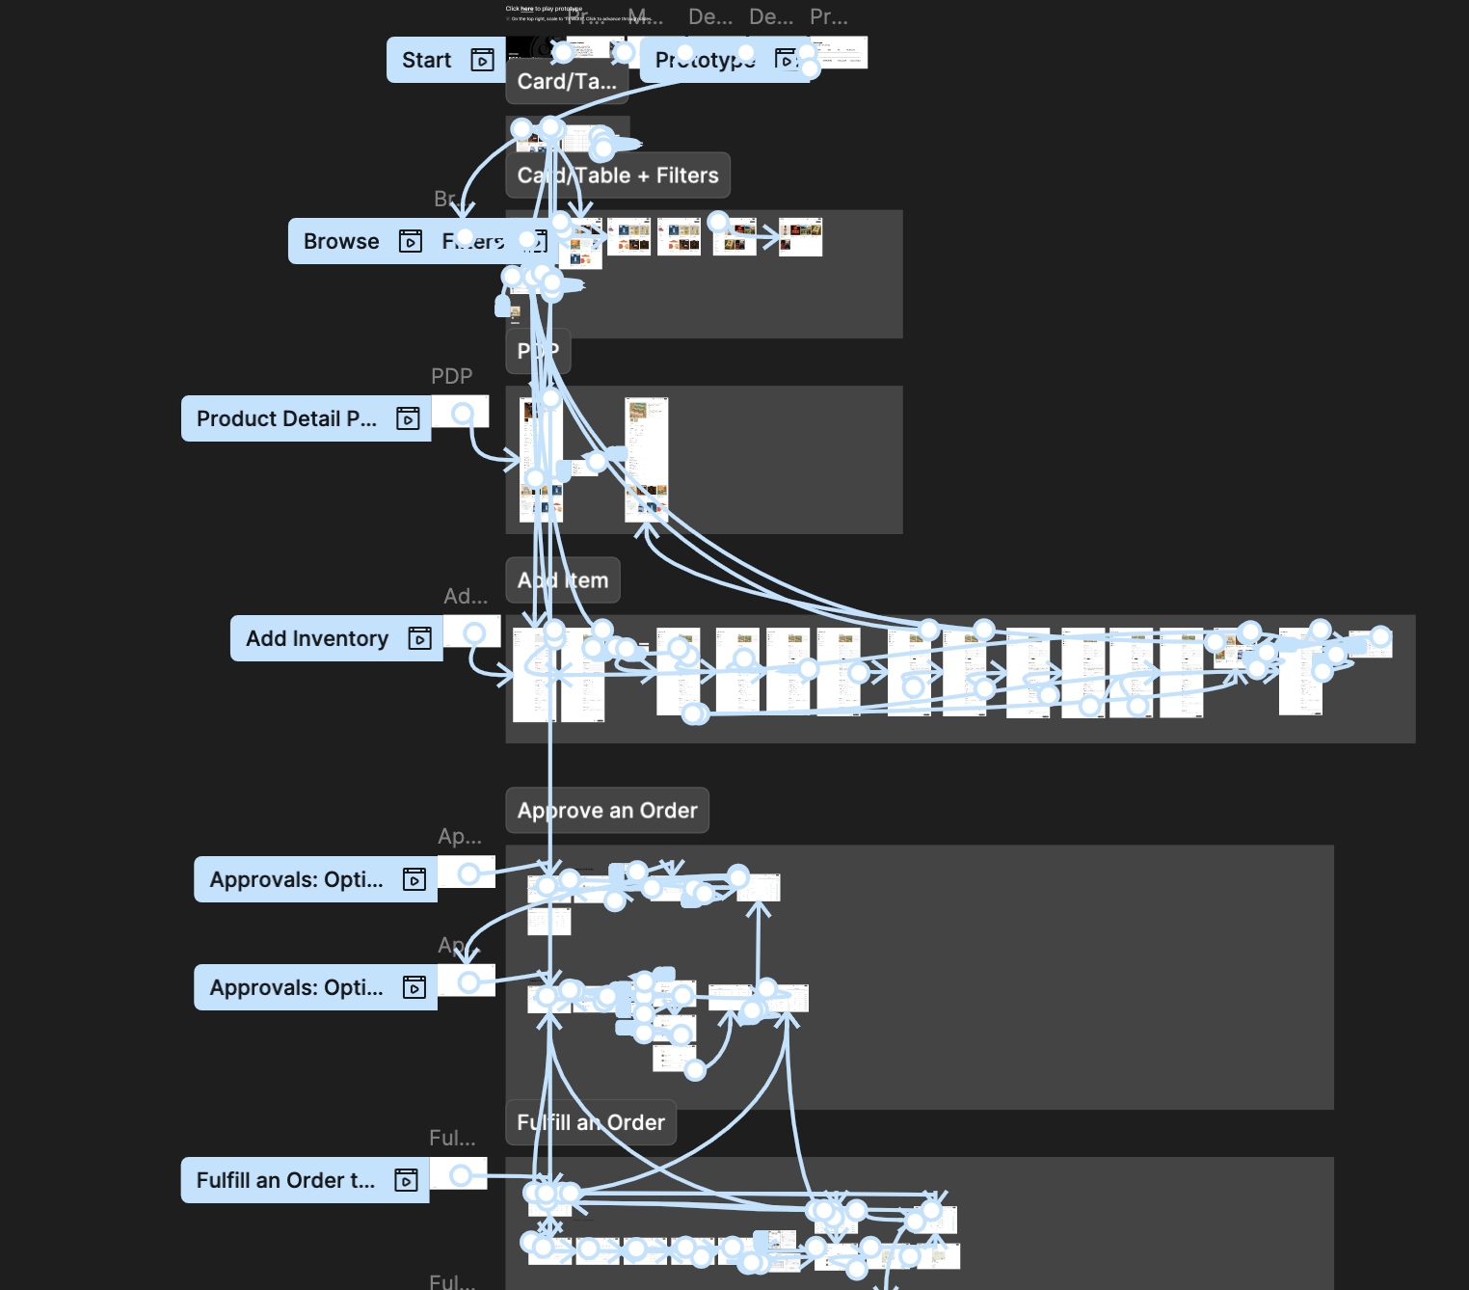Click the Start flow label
click(426, 60)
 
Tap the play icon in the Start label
click(482, 60)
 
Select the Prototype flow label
click(705, 60)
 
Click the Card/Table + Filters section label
click(618, 175)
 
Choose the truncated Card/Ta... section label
click(567, 82)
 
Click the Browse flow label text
click(341, 241)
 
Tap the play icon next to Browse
click(411, 241)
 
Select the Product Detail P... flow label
click(286, 418)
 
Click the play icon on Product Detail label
click(408, 418)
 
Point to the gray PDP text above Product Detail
click(451, 376)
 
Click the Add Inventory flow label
click(317, 638)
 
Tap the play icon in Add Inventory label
click(419, 638)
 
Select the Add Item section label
click(563, 580)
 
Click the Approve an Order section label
click(607, 811)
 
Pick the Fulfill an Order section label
click(591, 1123)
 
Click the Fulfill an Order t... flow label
click(285, 1180)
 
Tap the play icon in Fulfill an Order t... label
click(406, 1180)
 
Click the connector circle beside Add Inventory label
click(473, 632)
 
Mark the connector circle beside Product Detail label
click(463, 414)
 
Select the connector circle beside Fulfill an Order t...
click(461, 1174)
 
